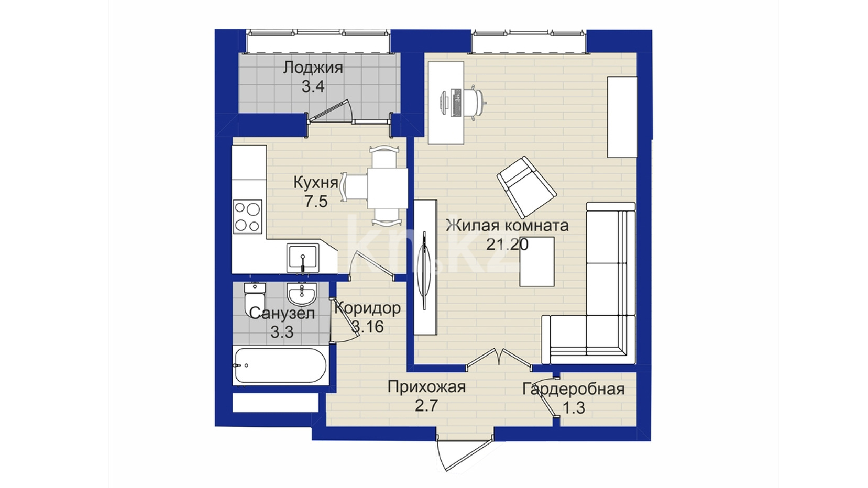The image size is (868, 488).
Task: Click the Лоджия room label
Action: (313, 68)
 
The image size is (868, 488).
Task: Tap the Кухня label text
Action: (315, 182)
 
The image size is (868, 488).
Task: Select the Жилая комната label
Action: (507, 225)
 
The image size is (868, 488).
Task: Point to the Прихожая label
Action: (426, 387)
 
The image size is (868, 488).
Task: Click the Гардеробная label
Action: (574, 389)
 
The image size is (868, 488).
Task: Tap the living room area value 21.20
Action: (507, 245)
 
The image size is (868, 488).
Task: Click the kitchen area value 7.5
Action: (316, 202)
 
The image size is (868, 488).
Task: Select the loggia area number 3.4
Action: (313, 86)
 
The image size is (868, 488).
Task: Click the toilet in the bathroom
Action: (255, 300)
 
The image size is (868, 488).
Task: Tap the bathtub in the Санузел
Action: (280, 365)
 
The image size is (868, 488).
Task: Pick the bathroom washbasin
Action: (302, 294)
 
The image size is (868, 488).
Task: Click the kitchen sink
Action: (303, 258)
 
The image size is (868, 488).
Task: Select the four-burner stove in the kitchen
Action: (248, 216)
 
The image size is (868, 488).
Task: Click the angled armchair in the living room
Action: (526, 187)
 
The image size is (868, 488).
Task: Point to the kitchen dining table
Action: (388, 188)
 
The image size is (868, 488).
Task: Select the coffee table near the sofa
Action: (537, 261)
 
